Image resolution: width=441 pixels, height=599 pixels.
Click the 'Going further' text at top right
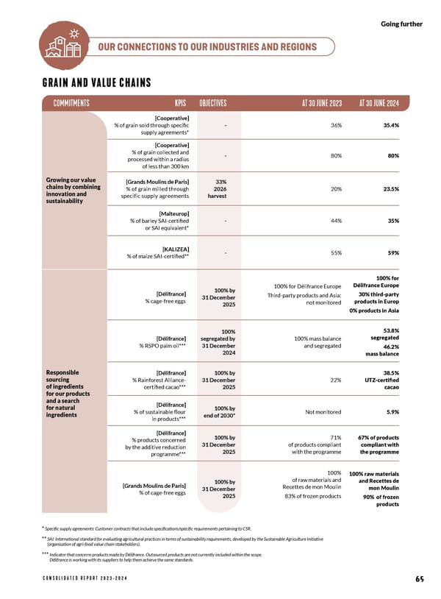click(x=401, y=24)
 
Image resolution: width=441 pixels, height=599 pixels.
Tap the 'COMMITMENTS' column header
click(x=71, y=103)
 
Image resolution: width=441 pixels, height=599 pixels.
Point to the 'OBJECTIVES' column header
click(x=212, y=103)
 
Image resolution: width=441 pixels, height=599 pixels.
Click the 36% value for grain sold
click(x=336, y=125)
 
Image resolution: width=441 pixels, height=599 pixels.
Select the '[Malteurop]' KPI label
click(x=174, y=212)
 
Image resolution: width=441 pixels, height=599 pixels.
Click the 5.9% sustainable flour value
click(x=392, y=412)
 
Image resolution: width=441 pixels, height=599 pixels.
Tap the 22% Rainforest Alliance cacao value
click(x=336, y=380)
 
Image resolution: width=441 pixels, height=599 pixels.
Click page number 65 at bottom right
click(x=419, y=578)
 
